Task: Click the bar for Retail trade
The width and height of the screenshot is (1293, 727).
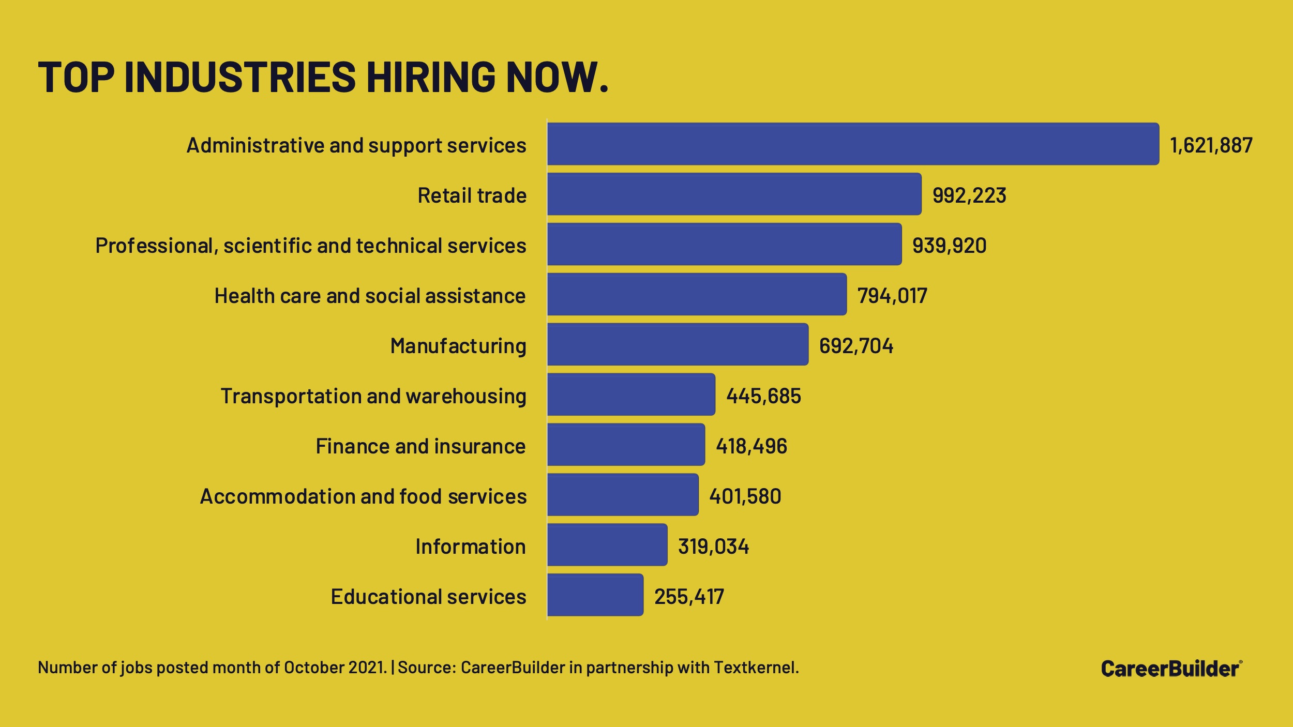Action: pyautogui.click(x=734, y=194)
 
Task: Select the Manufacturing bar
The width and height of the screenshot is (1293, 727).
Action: pyautogui.click(x=678, y=345)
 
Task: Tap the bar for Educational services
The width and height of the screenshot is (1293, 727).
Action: pyautogui.click(x=595, y=595)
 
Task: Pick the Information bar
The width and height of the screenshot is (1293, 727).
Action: pyautogui.click(x=607, y=545)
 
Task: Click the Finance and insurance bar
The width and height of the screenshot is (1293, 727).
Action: pyautogui.click(x=626, y=445)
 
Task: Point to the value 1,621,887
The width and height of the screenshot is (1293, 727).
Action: pyautogui.click(x=1211, y=145)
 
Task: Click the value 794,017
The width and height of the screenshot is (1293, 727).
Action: pyautogui.click(x=892, y=296)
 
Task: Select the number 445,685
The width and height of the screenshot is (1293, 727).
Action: pyautogui.click(x=763, y=396)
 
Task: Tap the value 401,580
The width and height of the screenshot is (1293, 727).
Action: pyautogui.click(x=745, y=496)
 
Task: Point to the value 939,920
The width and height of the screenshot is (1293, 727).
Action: pyautogui.click(x=949, y=246)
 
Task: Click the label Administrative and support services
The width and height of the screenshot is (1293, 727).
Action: pyautogui.click(x=356, y=145)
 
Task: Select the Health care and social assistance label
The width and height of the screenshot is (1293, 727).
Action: pyautogui.click(x=370, y=296)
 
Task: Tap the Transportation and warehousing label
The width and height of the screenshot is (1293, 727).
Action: pyautogui.click(x=373, y=396)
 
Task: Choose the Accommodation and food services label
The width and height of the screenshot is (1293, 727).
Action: pyautogui.click(x=363, y=496)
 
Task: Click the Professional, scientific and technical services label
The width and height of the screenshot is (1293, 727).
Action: pyautogui.click(x=311, y=246)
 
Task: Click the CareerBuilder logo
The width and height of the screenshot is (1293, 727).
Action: pyautogui.click(x=1171, y=669)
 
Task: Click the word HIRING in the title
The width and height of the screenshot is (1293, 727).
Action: pyautogui.click(x=431, y=78)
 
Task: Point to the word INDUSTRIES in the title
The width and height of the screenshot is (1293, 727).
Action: pyautogui.click(x=240, y=78)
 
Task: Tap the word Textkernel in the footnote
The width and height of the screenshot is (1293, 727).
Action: pyautogui.click(x=756, y=668)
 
